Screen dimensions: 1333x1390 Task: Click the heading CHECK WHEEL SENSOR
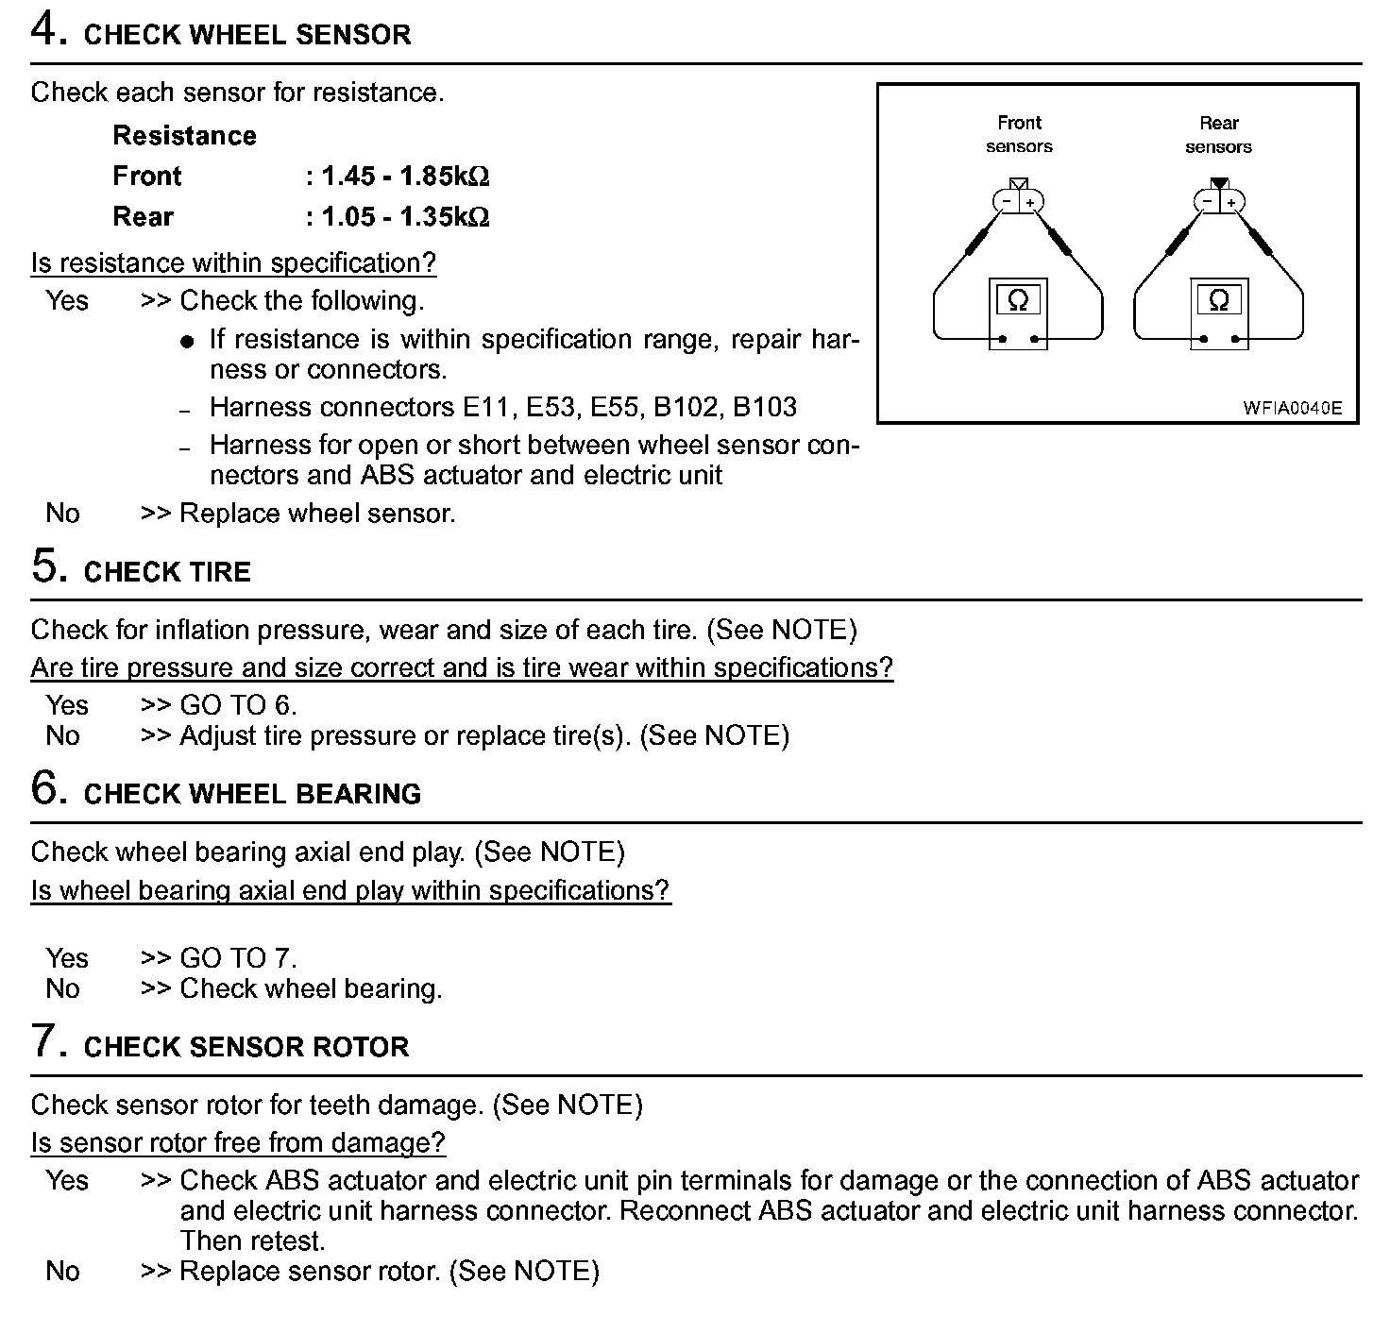click(247, 36)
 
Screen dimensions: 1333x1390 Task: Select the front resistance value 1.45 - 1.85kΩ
click(405, 177)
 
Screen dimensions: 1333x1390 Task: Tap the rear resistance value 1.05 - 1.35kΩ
click(405, 217)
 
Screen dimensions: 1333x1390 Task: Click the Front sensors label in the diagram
click(1019, 134)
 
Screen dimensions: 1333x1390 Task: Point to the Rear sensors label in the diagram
click(1218, 134)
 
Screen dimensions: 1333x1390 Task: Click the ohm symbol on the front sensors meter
click(1018, 300)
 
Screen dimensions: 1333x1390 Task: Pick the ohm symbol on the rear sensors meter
click(1218, 300)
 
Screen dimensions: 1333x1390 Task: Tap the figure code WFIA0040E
click(1292, 409)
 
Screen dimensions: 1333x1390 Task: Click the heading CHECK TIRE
click(167, 572)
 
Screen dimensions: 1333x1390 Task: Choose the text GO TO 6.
click(238, 705)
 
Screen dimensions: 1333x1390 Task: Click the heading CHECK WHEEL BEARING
click(252, 794)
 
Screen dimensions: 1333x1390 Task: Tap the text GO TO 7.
click(238, 958)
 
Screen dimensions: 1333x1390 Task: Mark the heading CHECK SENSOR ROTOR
click(246, 1047)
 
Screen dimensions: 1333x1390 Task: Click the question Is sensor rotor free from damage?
click(237, 1142)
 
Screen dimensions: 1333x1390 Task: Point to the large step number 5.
click(48, 566)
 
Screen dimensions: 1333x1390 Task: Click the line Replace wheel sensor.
click(317, 514)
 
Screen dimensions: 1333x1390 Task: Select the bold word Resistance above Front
click(184, 136)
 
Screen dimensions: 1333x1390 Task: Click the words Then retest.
click(252, 1240)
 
